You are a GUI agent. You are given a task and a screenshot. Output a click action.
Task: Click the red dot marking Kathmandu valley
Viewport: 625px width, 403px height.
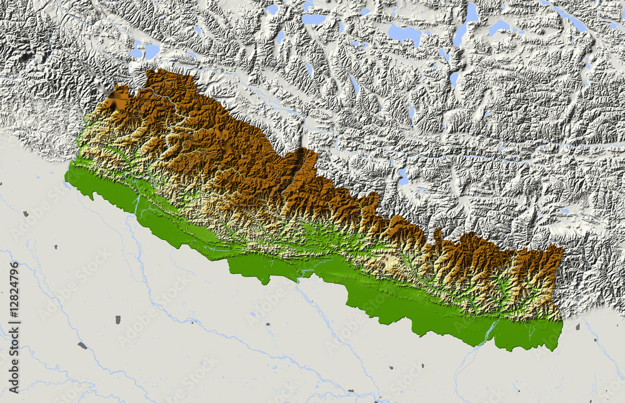pos(387,257)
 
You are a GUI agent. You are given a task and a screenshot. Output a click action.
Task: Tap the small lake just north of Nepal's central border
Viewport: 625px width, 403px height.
pos(403,176)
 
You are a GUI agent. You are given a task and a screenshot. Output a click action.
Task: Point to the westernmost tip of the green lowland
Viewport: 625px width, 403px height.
pos(66,183)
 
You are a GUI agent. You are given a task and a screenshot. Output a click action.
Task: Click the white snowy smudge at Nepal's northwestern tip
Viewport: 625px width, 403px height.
pos(116,100)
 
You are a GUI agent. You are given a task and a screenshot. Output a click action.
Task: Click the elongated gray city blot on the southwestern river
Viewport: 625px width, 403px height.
pos(82,345)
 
